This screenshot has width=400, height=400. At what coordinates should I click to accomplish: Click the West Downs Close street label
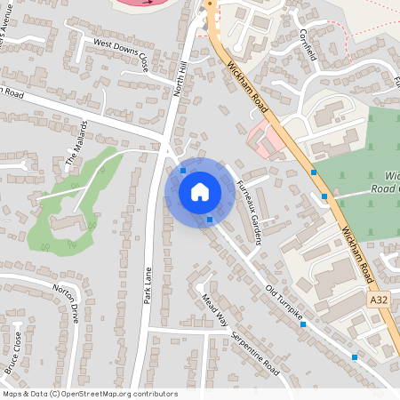tap(119, 52)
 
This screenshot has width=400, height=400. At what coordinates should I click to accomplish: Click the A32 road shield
tap(379, 302)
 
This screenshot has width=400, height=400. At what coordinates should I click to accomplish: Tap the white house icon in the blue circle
tap(200, 192)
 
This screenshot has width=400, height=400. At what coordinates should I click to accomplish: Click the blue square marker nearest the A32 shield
tap(356, 357)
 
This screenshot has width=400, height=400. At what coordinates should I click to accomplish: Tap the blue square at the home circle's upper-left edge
tap(183, 170)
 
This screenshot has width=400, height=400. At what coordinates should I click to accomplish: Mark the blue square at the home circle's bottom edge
tap(210, 220)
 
